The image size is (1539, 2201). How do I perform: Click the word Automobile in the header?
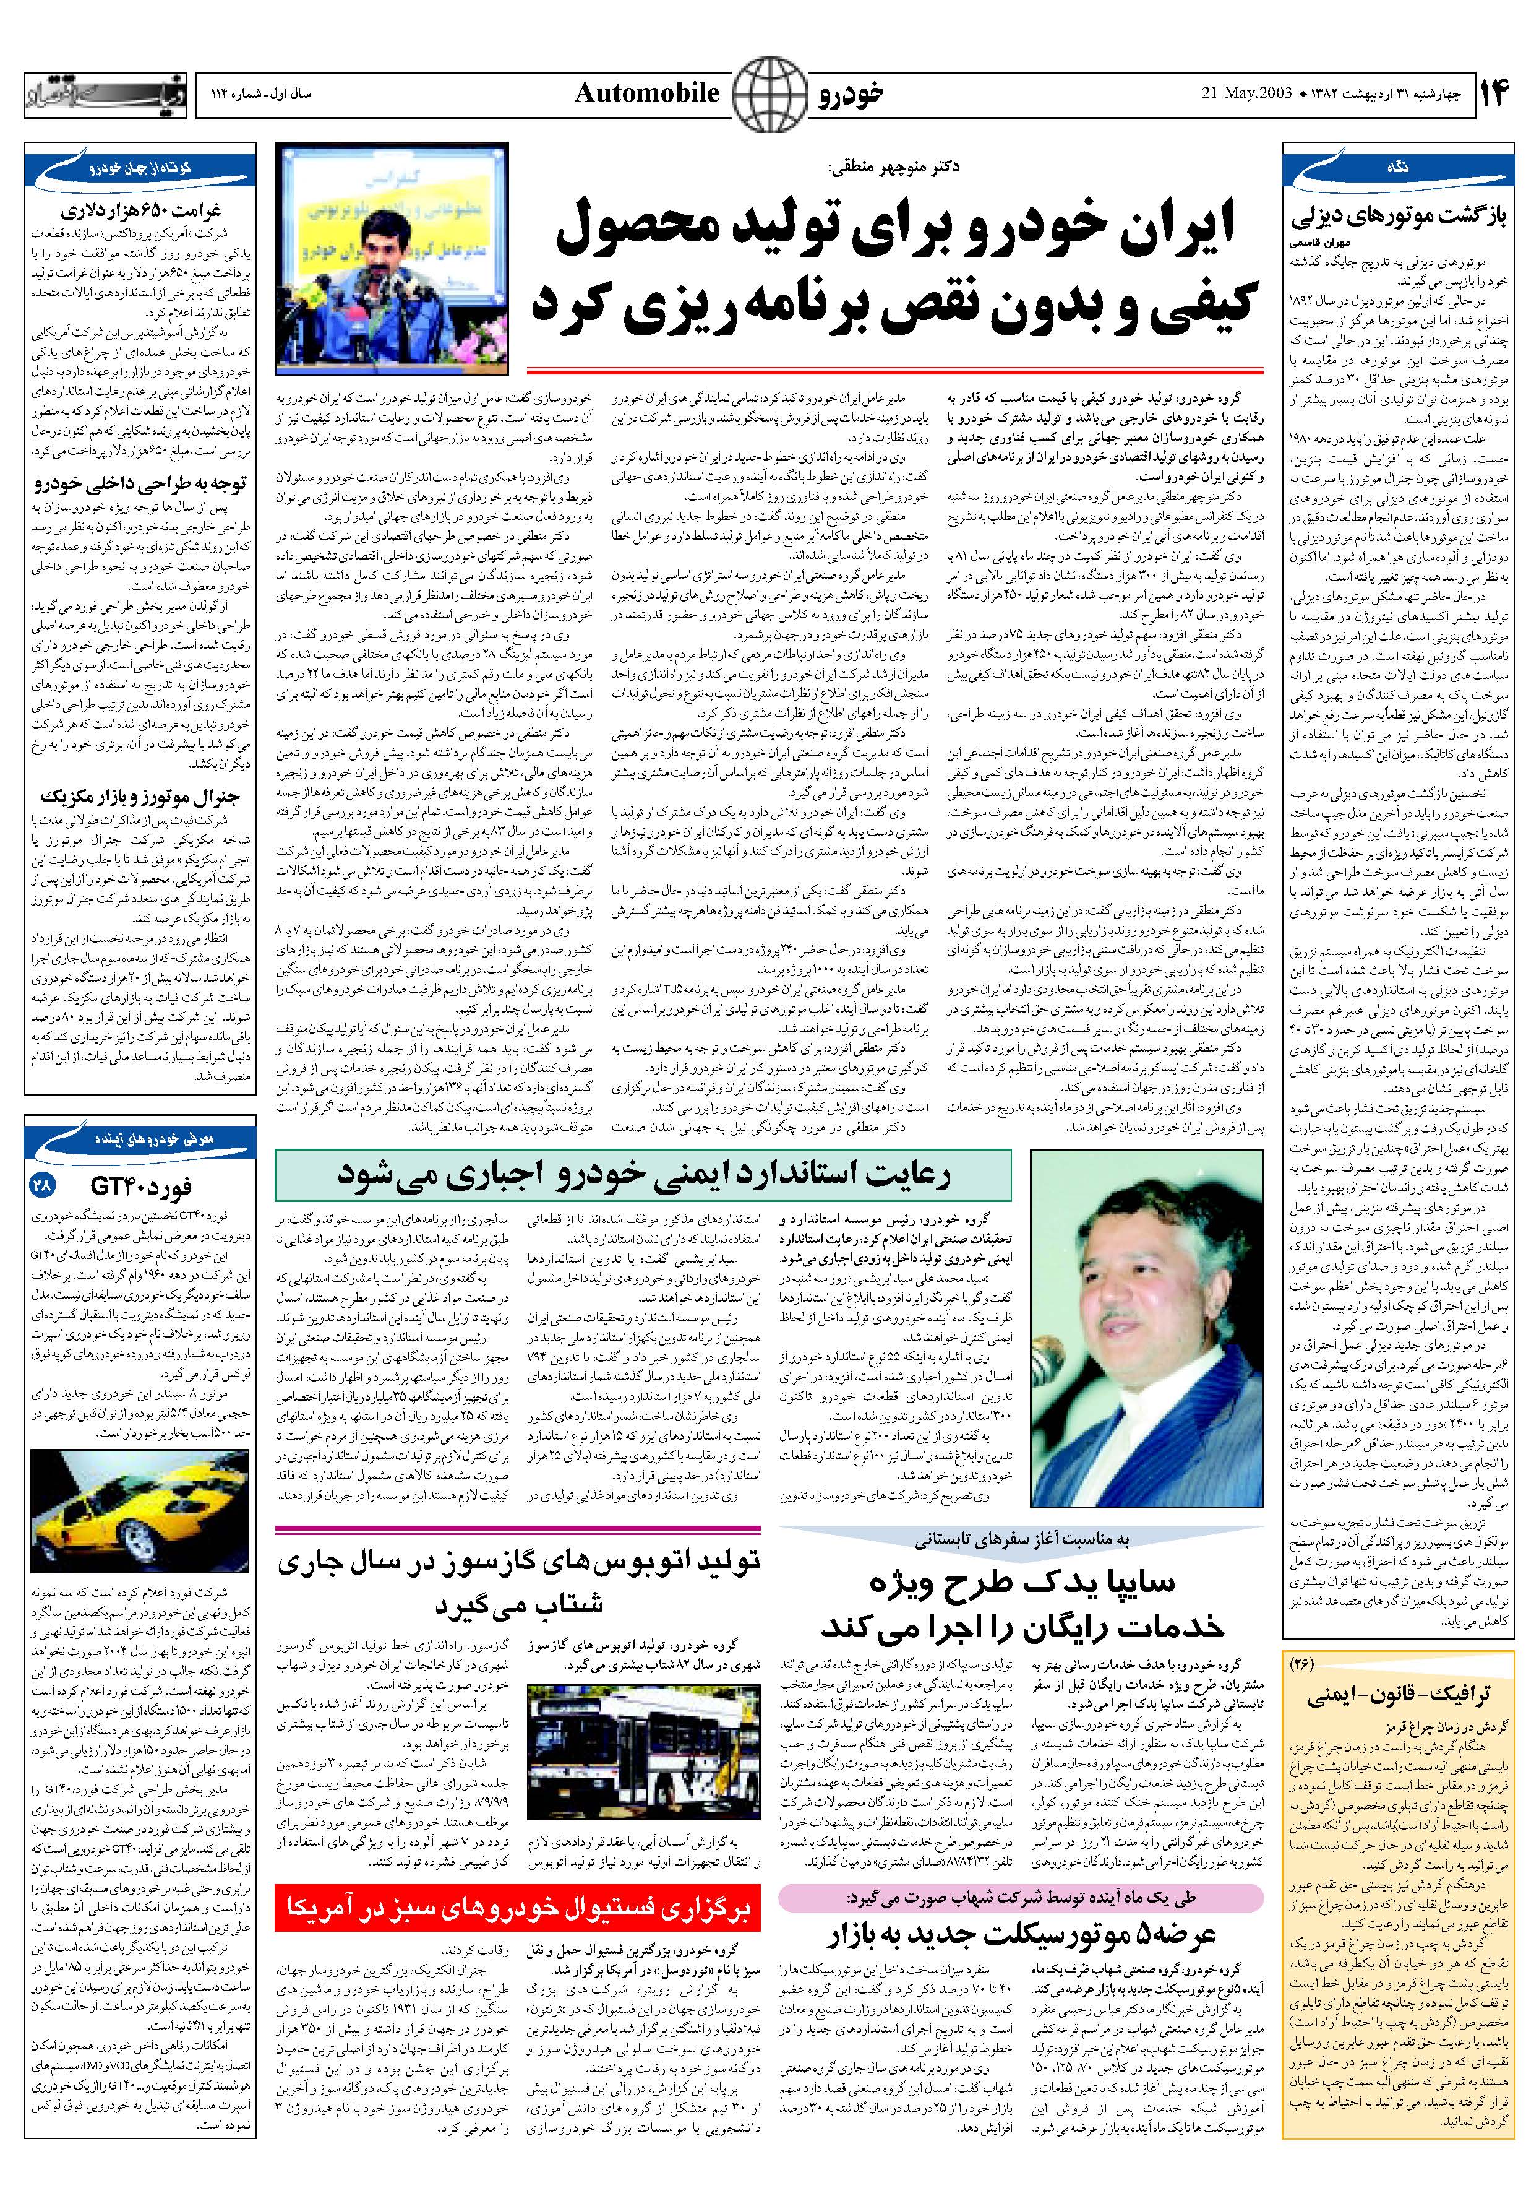point(647,93)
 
